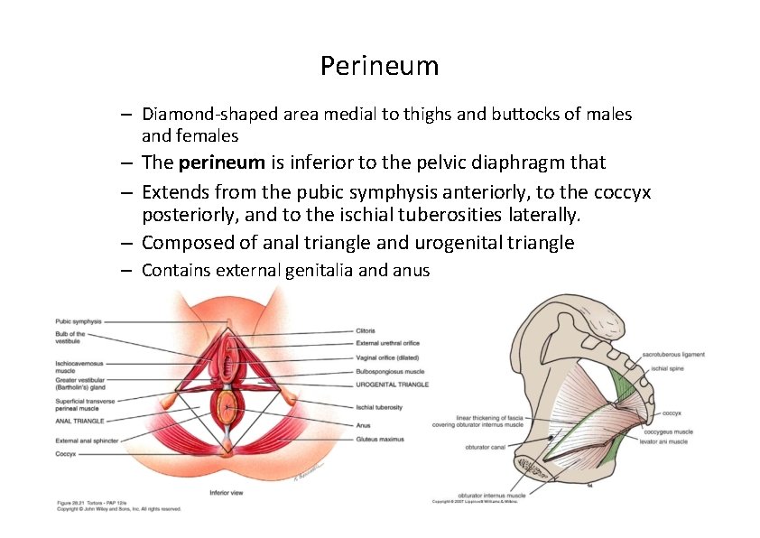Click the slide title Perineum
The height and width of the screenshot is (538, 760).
pyautogui.click(x=379, y=66)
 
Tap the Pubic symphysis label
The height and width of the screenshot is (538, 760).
pyautogui.click(x=78, y=321)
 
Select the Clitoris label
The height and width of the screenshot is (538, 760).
pyautogui.click(x=366, y=330)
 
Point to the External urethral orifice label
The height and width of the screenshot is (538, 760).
pyautogui.click(x=387, y=343)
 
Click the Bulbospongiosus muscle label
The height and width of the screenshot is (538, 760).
pyautogui.click(x=389, y=370)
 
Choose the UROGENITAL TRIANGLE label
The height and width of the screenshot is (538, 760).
pyautogui.click(x=393, y=385)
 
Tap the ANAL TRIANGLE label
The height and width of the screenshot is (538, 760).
pyautogui.click(x=79, y=421)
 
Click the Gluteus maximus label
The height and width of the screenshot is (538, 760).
pyautogui.click(x=380, y=439)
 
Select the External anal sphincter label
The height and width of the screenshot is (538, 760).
pyautogui.click(x=87, y=441)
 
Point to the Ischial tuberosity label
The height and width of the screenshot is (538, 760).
pyautogui.click(x=379, y=407)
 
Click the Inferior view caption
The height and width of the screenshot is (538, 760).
pyautogui.click(x=227, y=493)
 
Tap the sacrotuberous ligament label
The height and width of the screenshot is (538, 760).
pyautogui.click(x=673, y=355)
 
